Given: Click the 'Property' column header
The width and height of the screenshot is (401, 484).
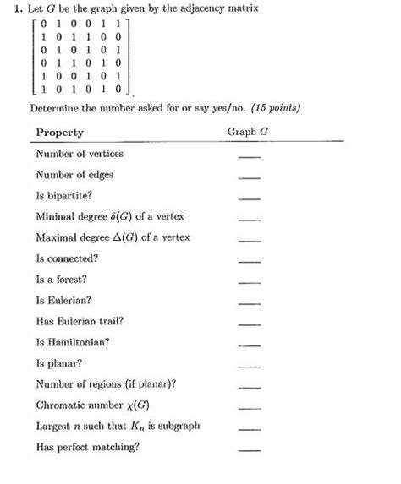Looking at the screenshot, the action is click(x=59, y=133).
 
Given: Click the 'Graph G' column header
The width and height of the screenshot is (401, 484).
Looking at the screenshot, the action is click(x=248, y=133).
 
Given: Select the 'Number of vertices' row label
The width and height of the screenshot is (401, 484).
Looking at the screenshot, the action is click(x=80, y=154).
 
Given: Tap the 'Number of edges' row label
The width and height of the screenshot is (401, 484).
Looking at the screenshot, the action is click(x=74, y=175).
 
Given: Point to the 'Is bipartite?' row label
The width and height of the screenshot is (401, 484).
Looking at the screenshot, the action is click(x=64, y=195).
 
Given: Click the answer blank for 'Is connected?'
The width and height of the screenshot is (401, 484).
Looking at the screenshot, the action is click(x=249, y=261).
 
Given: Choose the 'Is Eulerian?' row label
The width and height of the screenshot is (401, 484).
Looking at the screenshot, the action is click(x=64, y=300).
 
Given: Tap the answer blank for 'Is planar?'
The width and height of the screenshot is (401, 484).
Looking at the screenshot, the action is click(x=249, y=367).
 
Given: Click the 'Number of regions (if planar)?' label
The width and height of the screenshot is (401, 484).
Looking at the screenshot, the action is click(x=107, y=383).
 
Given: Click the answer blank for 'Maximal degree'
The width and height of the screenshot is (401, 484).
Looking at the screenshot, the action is click(x=249, y=240).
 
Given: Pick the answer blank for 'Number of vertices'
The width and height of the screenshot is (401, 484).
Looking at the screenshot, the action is click(x=249, y=157).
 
